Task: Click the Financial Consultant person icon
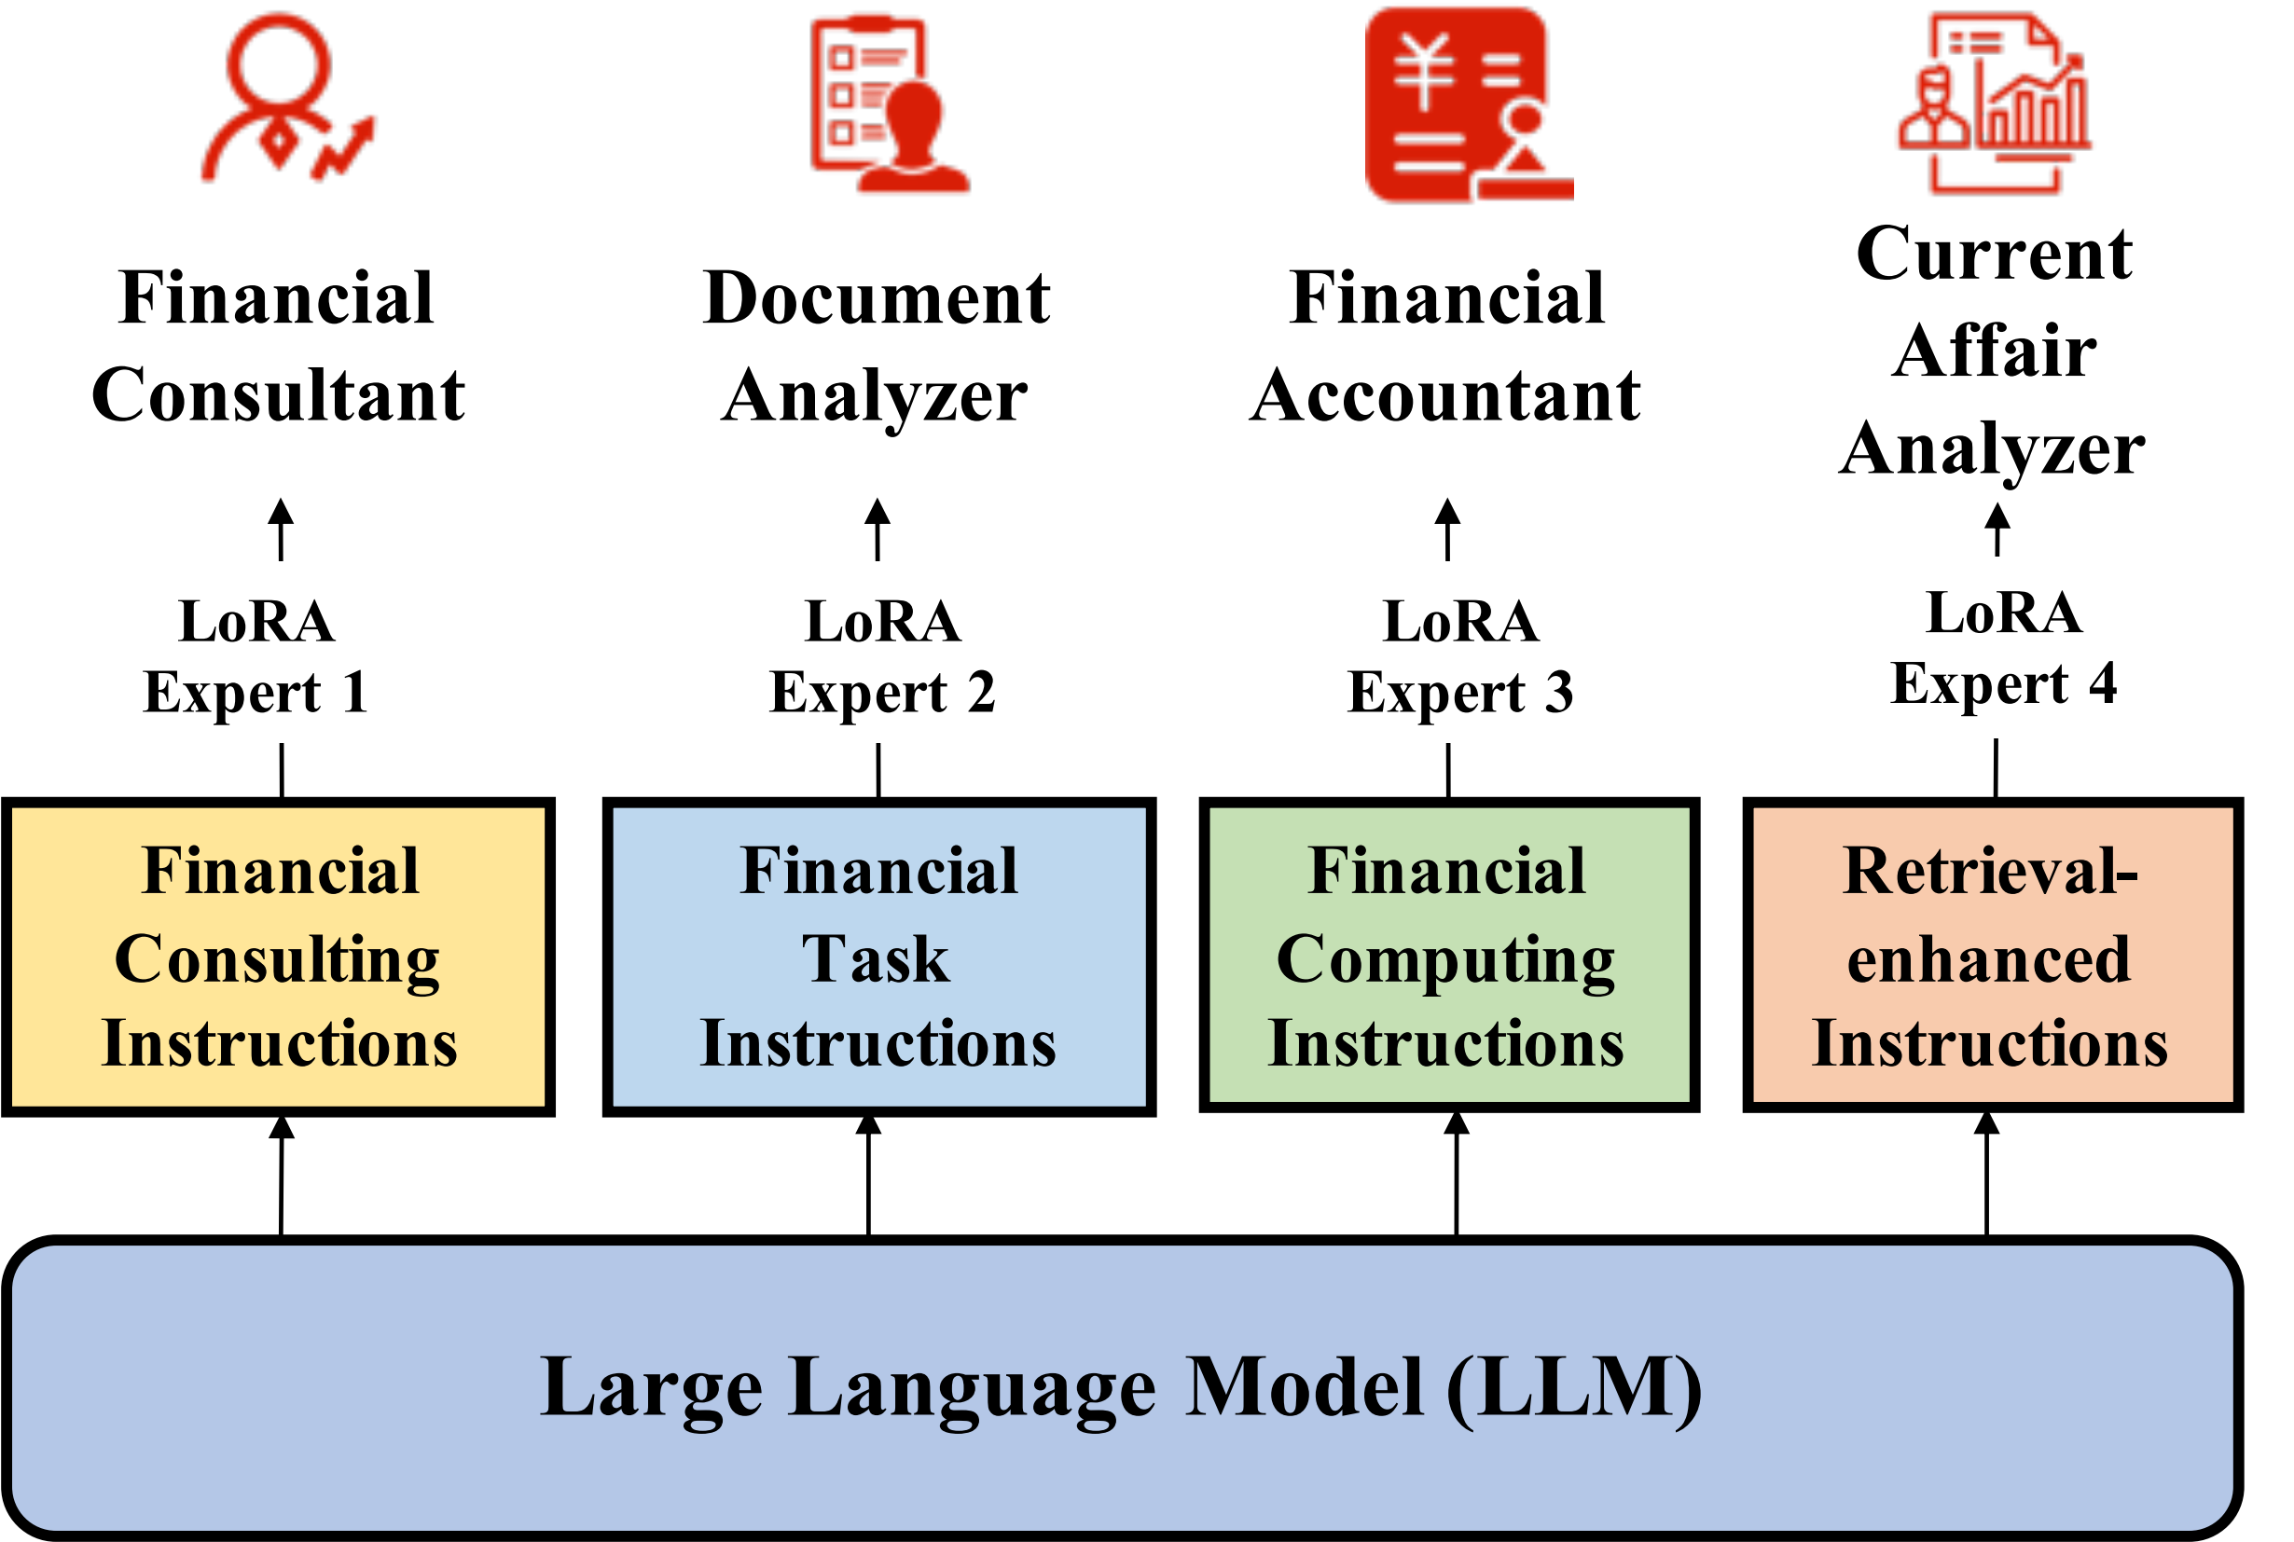click(x=285, y=98)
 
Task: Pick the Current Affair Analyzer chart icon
click(x=1993, y=103)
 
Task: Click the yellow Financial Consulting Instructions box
click(x=280, y=957)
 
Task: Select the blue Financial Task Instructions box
click(x=878, y=957)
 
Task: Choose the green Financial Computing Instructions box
click(x=1449, y=955)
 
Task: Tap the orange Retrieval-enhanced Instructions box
click(x=1992, y=955)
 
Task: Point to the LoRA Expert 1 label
click(x=256, y=656)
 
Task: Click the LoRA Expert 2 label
click(x=882, y=656)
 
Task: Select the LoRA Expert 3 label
click(x=1461, y=656)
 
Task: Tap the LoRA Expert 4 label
click(x=2004, y=648)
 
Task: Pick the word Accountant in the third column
click(x=1445, y=395)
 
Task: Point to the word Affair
click(x=1993, y=351)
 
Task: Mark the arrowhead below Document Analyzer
click(x=878, y=514)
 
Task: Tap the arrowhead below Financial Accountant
click(x=1447, y=514)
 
